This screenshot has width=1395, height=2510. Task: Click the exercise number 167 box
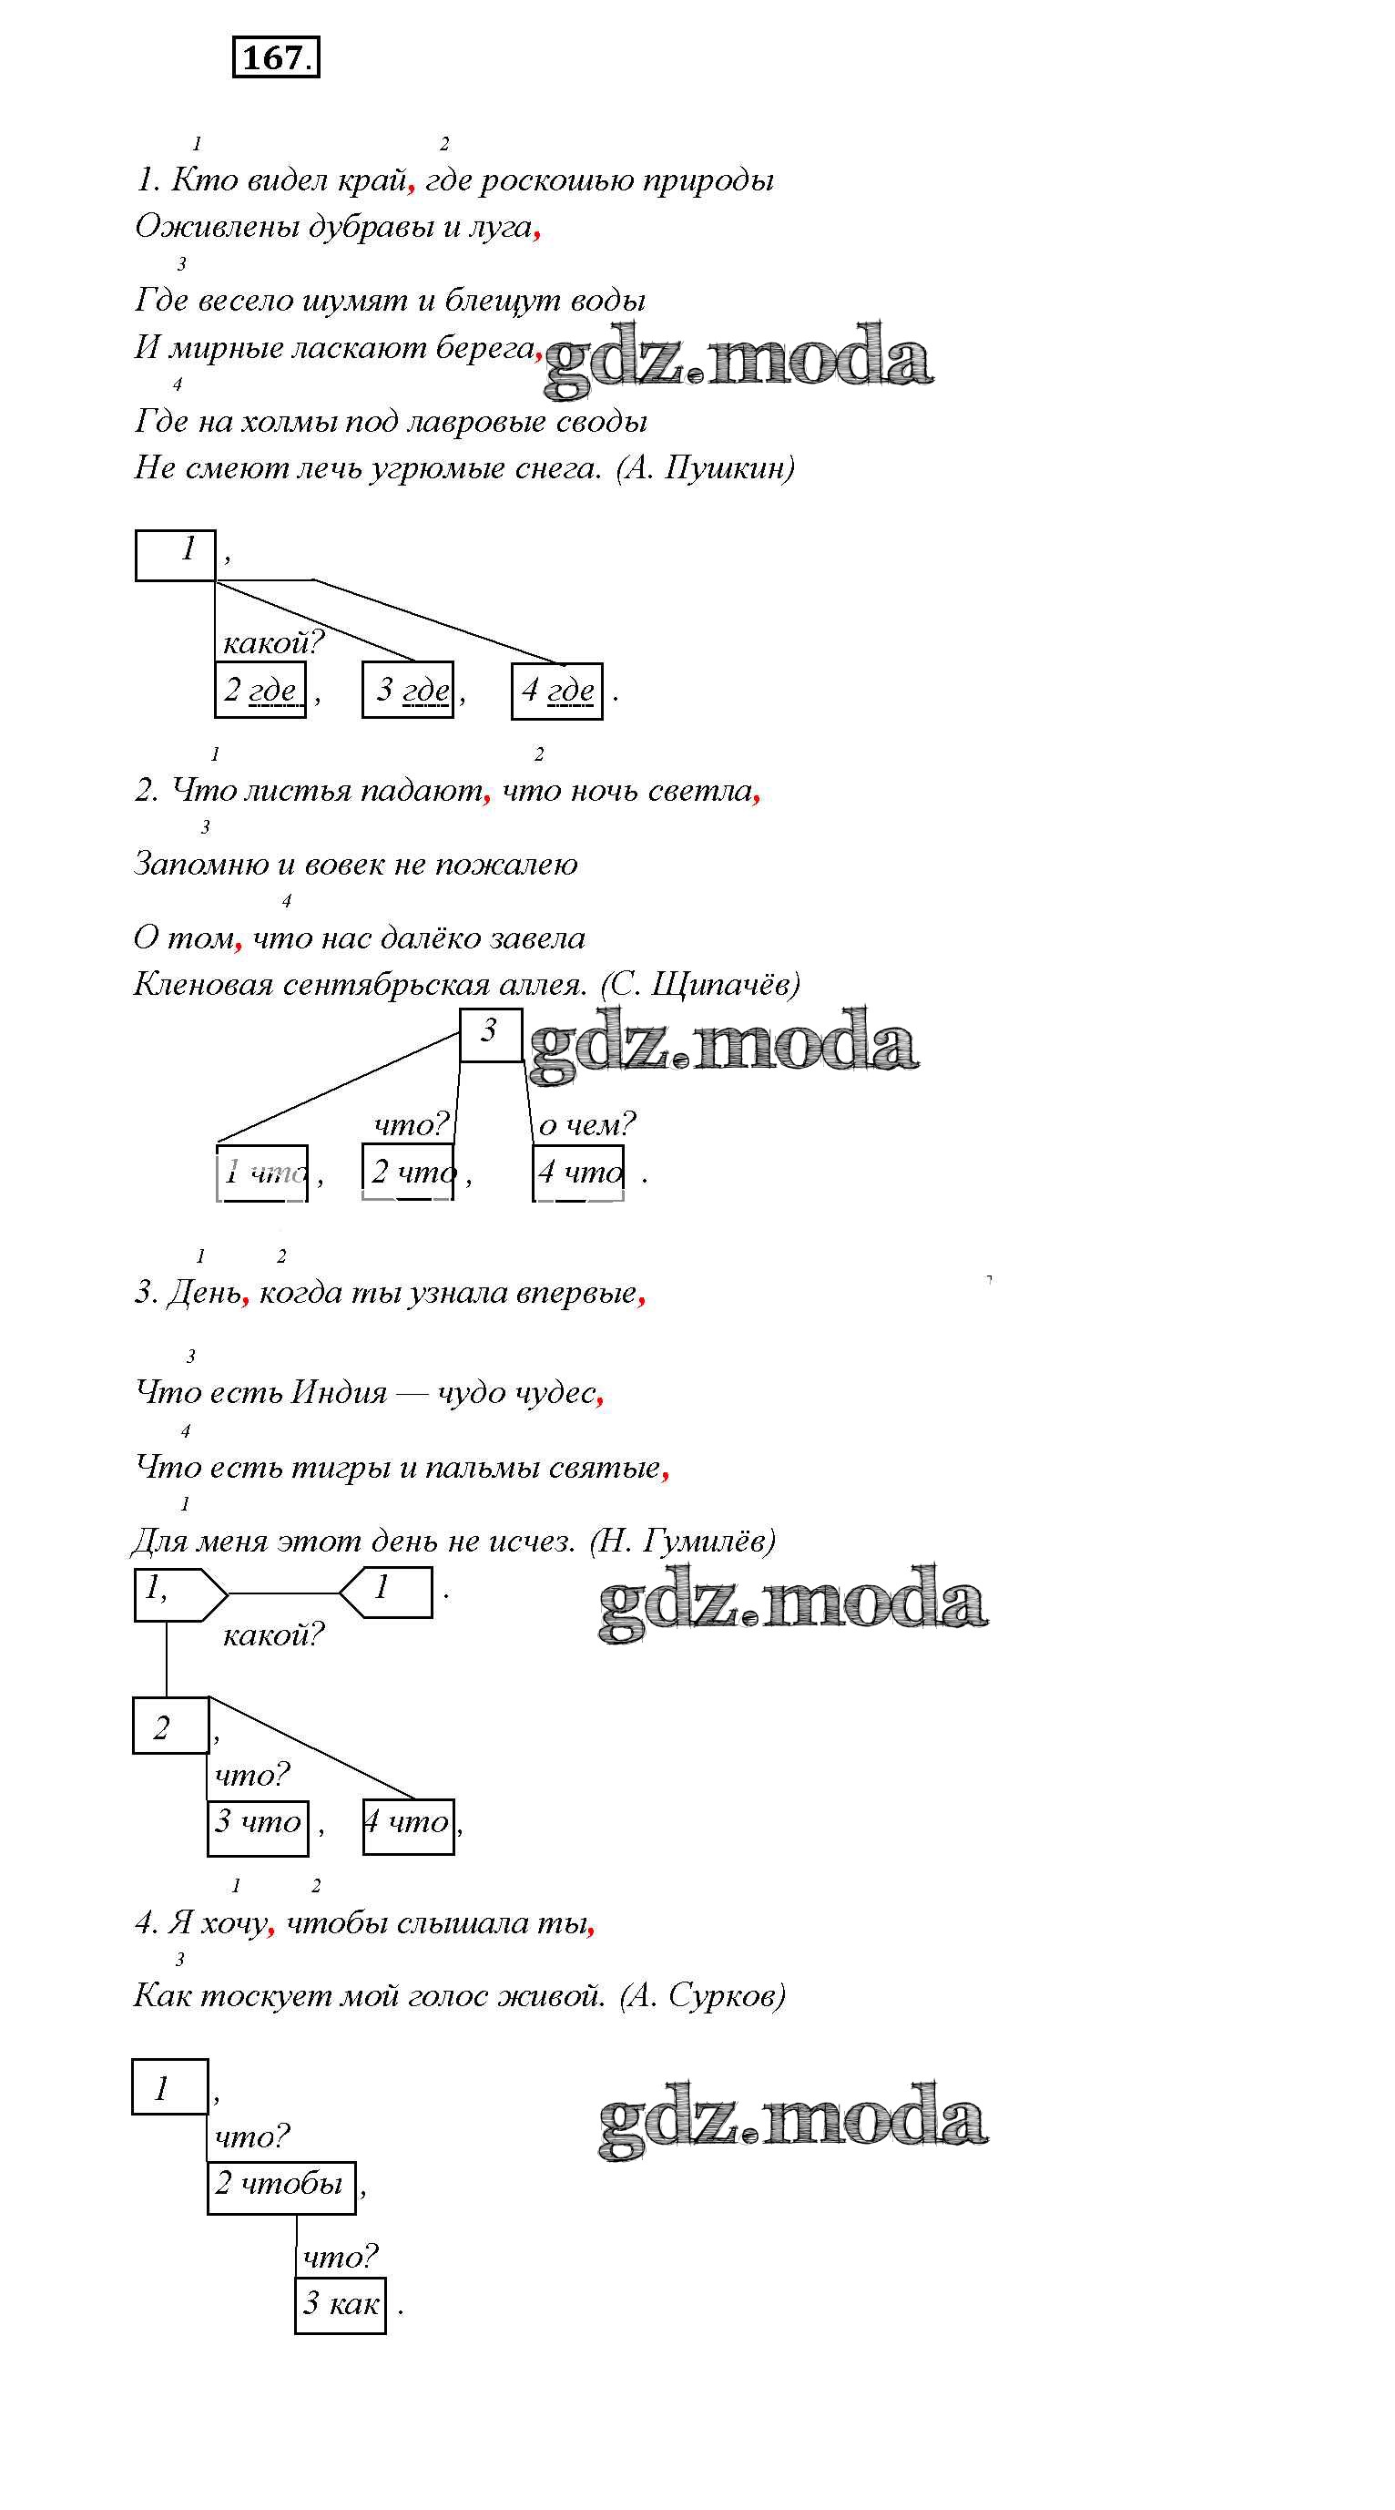click(x=276, y=57)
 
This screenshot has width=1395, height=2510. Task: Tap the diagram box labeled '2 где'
click(x=260, y=690)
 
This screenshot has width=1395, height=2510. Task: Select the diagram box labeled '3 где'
click(x=407, y=690)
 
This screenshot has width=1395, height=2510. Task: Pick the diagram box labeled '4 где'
click(x=556, y=691)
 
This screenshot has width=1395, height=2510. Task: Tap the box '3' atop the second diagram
click(x=490, y=1034)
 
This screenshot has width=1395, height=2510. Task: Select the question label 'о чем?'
click(x=586, y=1124)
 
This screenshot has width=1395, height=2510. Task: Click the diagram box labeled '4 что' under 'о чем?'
click(x=578, y=1172)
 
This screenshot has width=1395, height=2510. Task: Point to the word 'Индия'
click(x=339, y=1392)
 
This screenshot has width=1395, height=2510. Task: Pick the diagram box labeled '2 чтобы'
click(x=280, y=2186)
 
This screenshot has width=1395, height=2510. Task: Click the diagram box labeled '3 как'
click(x=340, y=2303)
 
